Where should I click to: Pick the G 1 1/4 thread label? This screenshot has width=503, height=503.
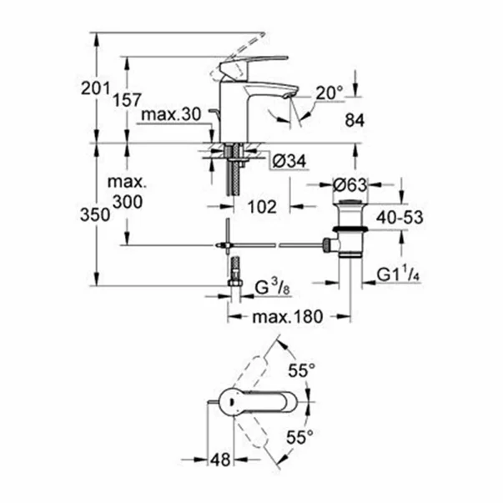click(399, 274)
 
